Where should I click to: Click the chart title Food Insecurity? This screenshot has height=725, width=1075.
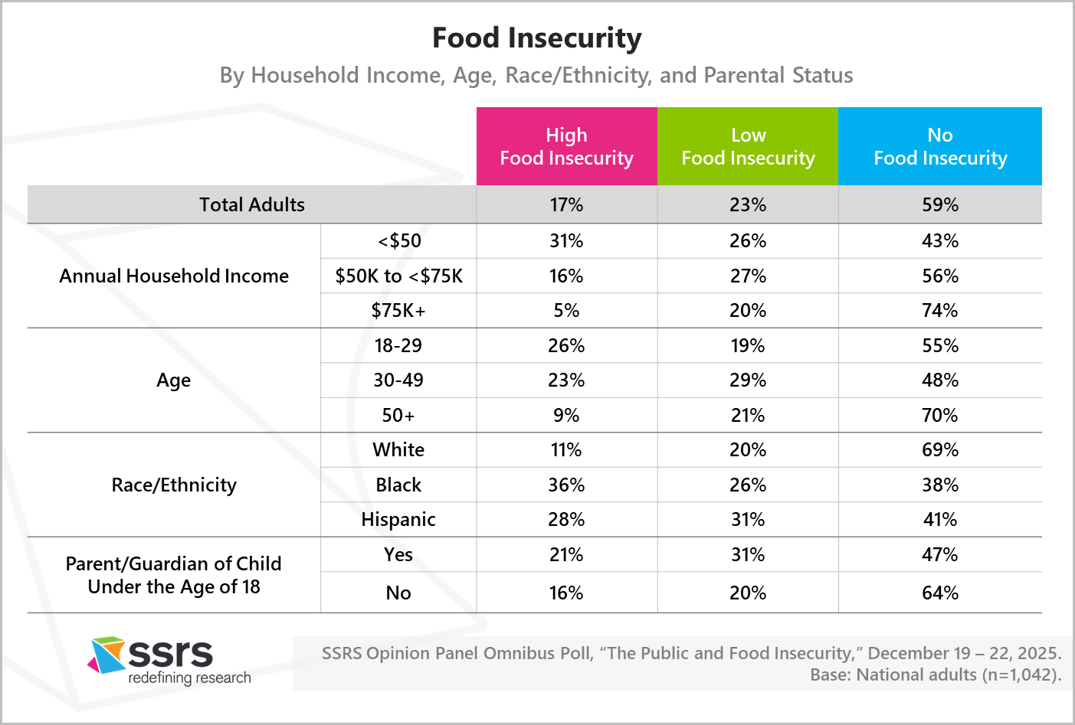(x=536, y=38)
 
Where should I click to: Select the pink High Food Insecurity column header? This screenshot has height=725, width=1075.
(x=566, y=146)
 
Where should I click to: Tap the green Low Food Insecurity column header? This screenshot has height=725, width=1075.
(x=748, y=146)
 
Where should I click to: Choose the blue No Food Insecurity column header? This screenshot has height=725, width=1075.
(x=940, y=146)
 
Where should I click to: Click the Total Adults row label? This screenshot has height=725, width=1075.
(x=251, y=204)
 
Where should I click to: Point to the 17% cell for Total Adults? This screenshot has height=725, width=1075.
(x=566, y=204)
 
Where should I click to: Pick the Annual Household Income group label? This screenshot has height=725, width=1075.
(x=174, y=276)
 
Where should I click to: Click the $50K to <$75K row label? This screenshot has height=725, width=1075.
(x=398, y=276)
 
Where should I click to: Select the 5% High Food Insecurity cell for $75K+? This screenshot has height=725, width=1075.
(x=566, y=310)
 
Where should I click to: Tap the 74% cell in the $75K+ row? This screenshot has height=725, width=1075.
(x=940, y=310)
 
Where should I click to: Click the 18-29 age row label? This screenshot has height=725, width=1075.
(x=398, y=345)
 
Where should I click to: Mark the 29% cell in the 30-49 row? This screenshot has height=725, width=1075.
(x=748, y=380)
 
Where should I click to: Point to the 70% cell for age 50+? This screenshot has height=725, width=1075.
(x=940, y=415)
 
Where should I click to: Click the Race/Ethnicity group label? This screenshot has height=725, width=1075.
(x=174, y=485)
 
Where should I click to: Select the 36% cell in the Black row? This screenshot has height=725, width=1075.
(x=566, y=485)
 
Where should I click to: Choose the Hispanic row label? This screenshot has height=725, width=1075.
(x=398, y=519)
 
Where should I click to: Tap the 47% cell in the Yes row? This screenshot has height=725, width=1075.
(x=940, y=554)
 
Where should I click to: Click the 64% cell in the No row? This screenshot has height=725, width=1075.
(x=940, y=593)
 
